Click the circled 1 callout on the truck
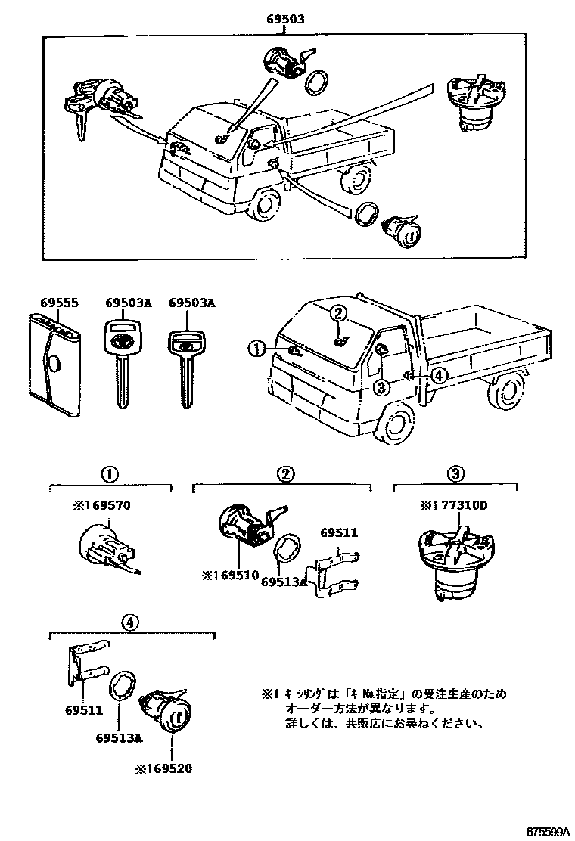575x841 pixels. coord(258,348)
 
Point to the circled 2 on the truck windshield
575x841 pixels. coord(339,313)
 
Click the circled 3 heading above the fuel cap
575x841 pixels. coord(455,474)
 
